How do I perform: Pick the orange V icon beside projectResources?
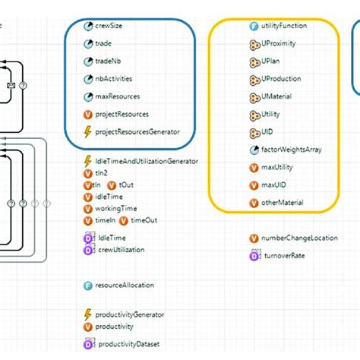point(88,115)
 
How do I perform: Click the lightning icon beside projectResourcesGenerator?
point(88,132)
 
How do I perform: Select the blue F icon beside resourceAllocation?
point(88,286)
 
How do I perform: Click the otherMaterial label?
point(283,203)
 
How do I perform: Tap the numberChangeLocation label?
point(296,238)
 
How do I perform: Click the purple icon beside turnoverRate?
point(254,256)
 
